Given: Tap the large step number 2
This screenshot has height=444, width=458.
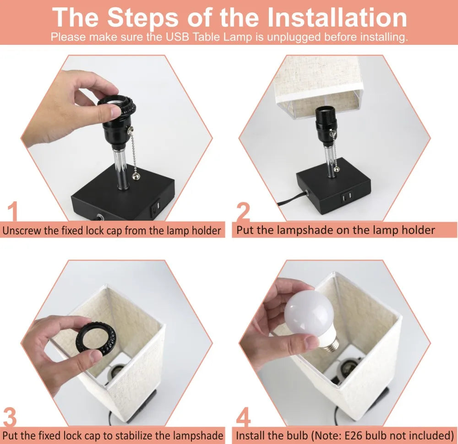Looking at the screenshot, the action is coord(243,211).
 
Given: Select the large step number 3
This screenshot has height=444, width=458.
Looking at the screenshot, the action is coord(10,417).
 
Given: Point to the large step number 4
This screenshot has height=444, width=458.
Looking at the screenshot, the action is coord(243,417).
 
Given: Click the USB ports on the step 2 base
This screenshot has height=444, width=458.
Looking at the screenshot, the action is coord(347,198).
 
